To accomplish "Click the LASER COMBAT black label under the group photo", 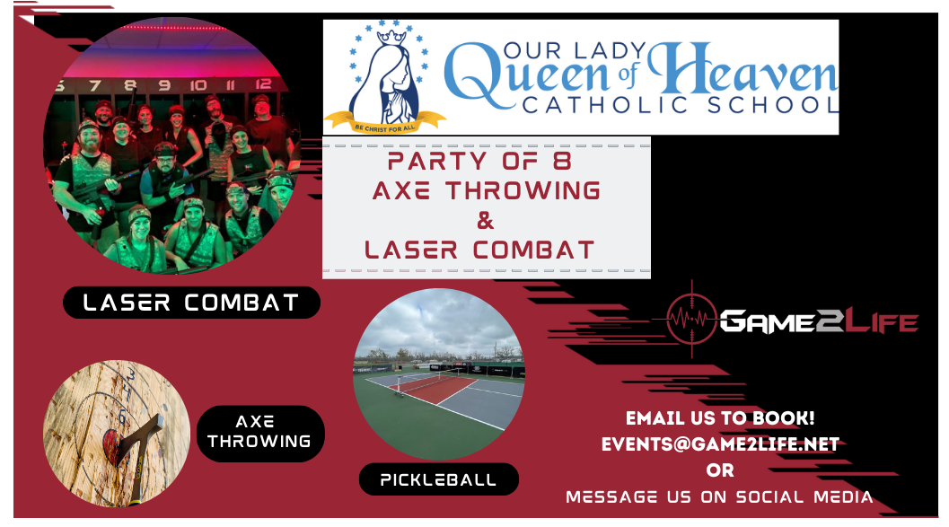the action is [x=191, y=303].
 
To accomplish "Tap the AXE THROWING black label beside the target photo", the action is [x=260, y=434].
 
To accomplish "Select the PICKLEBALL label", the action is [x=439, y=479].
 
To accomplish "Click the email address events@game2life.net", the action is [x=720, y=444].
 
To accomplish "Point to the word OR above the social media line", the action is [x=720, y=470].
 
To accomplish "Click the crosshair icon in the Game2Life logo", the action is [x=692, y=318].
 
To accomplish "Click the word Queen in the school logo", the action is [x=525, y=77].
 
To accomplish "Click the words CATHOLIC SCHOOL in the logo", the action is [x=681, y=105].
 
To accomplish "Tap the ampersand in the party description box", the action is [x=486, y=221].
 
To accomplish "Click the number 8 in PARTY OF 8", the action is [x=562, y=161].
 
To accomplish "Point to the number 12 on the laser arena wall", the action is [x=263, y=84].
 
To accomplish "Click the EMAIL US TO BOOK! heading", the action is [x=720, y=418].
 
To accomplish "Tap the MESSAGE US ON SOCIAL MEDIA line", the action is [x=720, y=497].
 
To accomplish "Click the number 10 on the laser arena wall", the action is [x=198, y=85].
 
